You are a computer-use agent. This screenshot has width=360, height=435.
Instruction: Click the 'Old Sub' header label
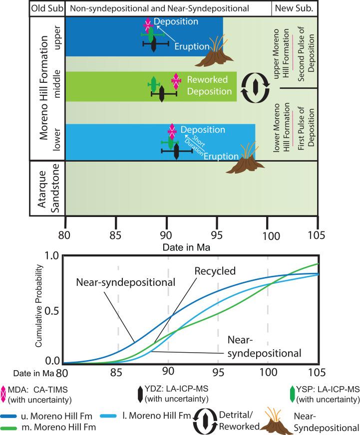tap(46, 8)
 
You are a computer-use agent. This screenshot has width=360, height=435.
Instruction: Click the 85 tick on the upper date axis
tap(116, 233)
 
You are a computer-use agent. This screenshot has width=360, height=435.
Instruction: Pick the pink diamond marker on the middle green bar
tap(175, 80)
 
